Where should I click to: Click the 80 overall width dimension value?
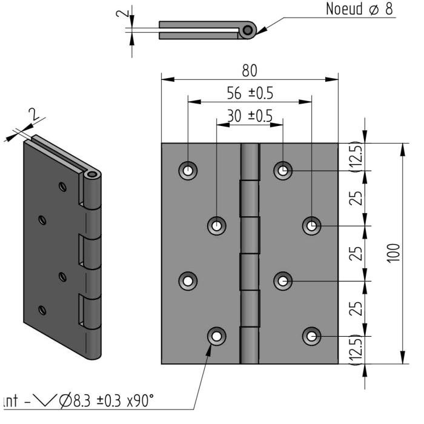pyautogui.click(x=249, y=70)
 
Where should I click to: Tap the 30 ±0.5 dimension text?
pyautogui.click(x=250, y=115)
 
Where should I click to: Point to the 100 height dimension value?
pyautogui.click(x=394, y=253)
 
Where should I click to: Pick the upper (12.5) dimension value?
pyautogui.click(x=359, y=157)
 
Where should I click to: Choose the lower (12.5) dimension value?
pyautogui.click(x=359, y=350)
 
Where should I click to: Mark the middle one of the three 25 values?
pyautogui.click(x=359, y=253)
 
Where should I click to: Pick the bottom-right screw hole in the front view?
pyautogui.click(x=311, y=336)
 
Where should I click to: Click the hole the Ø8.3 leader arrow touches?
pyautogui.click(x=217, y=336)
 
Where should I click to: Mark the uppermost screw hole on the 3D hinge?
pyautogui.click(x=61, y=186)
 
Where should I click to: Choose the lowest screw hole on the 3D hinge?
pyautogui.click(x=41, y=310)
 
